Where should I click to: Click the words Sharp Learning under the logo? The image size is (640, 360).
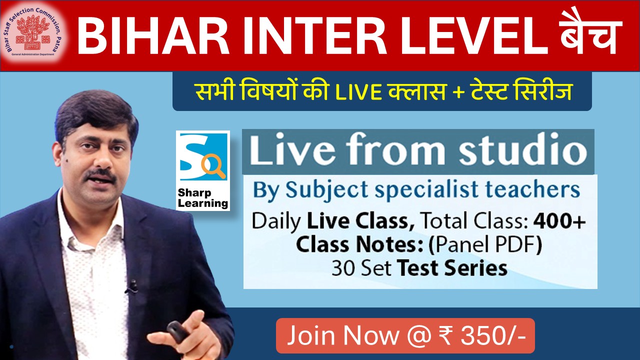coord(202,198)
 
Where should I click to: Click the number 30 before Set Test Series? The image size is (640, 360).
coord(341,268)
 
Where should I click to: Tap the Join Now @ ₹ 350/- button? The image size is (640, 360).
coord(405,336)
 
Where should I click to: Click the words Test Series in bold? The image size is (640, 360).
coord(452,268)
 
